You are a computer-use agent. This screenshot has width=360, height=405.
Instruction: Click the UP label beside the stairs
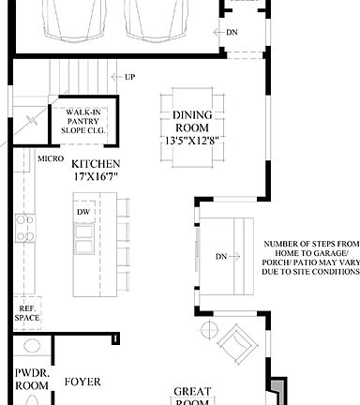click(x=129, y=77)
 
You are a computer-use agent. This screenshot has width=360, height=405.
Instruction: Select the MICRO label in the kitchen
click(x=51, y=159)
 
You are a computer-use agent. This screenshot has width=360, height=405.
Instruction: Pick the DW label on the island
click(x=82, y=212)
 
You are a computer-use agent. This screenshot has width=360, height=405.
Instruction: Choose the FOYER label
click(x=82, y=382)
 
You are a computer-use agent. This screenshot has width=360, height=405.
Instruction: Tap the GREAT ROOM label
click(x=193, y=397)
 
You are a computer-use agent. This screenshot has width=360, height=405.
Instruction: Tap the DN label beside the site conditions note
click(x=222, y=256)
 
